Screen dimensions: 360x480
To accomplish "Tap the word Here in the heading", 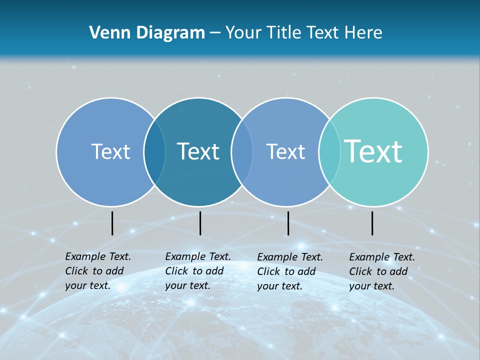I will pos(363,33).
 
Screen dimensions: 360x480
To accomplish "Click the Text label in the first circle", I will pos(110,151).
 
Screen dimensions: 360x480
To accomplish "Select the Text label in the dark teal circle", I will pos(198,151).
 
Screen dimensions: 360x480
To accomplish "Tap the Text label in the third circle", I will pos(285,151).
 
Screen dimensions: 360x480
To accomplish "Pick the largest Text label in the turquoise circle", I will pos(373,151).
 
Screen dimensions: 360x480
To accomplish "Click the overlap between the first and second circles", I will pos(154,152).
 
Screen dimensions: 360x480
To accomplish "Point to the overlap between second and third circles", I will pos(242,152).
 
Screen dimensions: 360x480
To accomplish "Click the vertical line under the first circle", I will pos(112,223).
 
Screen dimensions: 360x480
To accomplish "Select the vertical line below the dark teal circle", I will pos(200,223).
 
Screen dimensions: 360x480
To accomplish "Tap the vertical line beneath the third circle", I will pos(288,223).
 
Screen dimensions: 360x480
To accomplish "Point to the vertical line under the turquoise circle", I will pos(372,223).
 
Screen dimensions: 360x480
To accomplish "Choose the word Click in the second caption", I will pos(176,271).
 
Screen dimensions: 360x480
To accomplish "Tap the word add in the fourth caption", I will pos(398,271).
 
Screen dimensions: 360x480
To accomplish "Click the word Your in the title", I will pos(244,33).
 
